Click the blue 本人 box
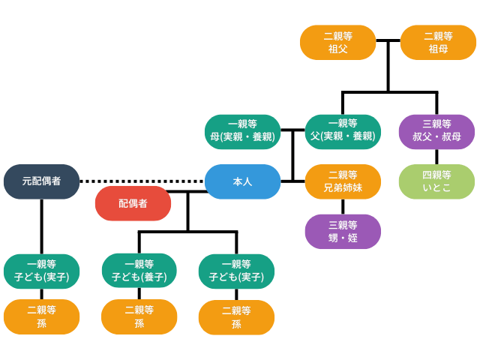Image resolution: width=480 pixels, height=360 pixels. coord(242,181)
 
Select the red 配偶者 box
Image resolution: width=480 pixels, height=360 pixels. coord(133,203)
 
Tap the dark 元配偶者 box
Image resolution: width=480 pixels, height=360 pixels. coord(41,181)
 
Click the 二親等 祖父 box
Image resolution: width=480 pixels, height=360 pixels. coord(337,42)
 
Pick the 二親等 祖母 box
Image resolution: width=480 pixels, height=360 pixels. coord(438,42)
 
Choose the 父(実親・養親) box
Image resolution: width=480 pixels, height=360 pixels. coord(343,131)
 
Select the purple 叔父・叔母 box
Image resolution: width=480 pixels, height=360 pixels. coord(436,131)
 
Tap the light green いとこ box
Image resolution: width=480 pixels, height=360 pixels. coord(436,181)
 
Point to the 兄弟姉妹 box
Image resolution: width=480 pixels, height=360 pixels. coord(343,181)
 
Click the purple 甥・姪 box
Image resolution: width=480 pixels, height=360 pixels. coord(343,231)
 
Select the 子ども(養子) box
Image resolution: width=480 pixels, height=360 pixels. coord(139,271)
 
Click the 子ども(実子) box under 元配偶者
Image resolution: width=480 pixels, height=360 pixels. coord(41,271)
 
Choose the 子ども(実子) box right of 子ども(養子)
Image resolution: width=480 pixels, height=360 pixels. coord(236,271)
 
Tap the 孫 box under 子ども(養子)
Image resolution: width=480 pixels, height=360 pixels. coord(139,316)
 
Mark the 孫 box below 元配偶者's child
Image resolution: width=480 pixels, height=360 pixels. coord(41,316)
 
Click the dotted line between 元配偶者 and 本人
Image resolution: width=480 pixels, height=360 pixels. coord(142,181)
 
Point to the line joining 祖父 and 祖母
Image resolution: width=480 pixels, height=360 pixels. coord(388,41)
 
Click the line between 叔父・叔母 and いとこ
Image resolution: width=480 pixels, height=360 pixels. coord(436,157)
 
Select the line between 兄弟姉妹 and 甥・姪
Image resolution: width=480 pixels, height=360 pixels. coord(343,206)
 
